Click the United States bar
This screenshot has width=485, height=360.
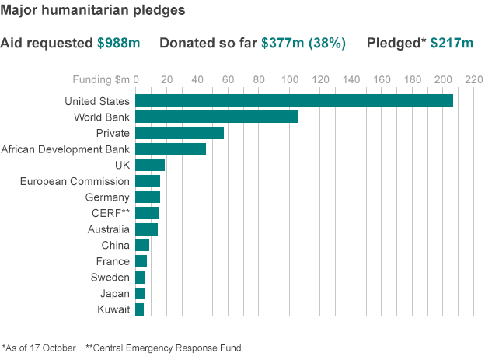pyautogui.click(x=294, y=100)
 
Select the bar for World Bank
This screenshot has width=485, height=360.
pyautogui.click(x=217, y=117)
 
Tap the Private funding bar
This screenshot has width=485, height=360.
pyautogui.click(x=180, y=133)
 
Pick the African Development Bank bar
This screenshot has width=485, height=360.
pyautogui.click(x=171, y=149)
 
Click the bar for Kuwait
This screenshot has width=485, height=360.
pyautogui.click(x=139, y=309)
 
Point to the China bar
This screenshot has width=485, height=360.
pyautogui.click(x=142, y=245)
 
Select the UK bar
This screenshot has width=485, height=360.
pyautogui.click(x=150, y=165)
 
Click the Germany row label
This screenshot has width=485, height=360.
pyautogui.click(x=107, y=197)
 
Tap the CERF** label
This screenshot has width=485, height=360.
pyautogui.click(x=110, y=213)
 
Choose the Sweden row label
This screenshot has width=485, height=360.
pyautogui.click(x=110, y=278)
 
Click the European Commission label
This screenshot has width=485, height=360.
pyautogui.click(x=75, y=181)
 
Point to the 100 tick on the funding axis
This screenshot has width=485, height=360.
pyautogui.click(x=290, y=79)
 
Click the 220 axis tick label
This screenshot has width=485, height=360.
pyautogui.click(x=474, y=79)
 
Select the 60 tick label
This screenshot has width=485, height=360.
pyautogui.click(x=228, y=79)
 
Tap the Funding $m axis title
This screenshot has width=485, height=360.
pyautogui.click(x=101, y=79)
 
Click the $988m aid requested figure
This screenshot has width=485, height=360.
pyautogui.click(x=118, y=43)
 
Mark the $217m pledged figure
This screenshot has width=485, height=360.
pyautogui.click(x=452, y=43)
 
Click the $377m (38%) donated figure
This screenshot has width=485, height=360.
pyautogui.click(x=303, y=43)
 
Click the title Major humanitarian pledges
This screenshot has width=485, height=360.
pyautogui.click(x=92, y=10)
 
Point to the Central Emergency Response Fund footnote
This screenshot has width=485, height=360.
pyautogui.click(x=164, y=348)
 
